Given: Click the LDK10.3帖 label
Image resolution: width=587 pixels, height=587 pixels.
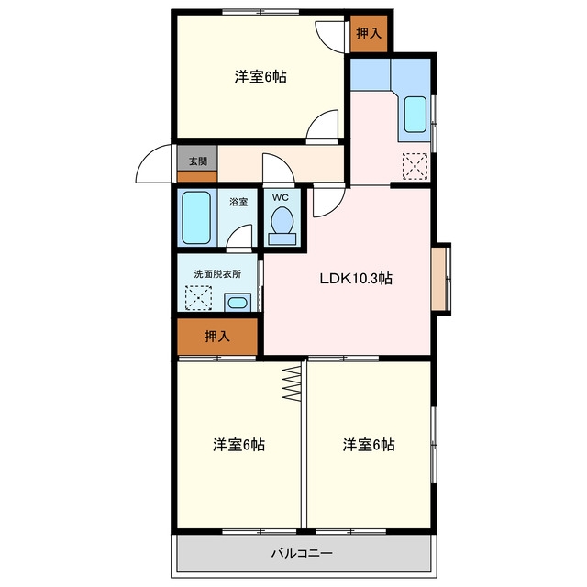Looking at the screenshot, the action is pos(356,279).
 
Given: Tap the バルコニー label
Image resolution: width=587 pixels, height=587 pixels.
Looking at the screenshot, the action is pos(302,553).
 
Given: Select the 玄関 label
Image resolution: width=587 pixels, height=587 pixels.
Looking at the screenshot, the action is pos(198,161).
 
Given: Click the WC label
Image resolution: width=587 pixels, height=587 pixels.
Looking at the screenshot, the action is pos(281,197).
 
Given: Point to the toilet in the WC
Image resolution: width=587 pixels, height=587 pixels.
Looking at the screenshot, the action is pos(282,226).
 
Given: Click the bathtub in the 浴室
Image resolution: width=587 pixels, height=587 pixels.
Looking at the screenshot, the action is pos(196,218).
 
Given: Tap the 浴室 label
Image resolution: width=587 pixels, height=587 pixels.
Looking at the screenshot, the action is pos(238,202).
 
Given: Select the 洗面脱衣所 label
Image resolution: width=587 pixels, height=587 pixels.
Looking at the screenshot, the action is pos(217,273).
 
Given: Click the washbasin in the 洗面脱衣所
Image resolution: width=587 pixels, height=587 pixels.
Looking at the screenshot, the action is pos(238,302).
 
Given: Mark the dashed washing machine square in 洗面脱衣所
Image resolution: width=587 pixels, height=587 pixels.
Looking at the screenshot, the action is pos(198,298).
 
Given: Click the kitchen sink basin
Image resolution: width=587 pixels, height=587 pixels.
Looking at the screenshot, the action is pos(415,114).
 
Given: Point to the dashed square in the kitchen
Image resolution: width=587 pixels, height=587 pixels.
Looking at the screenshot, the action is pos(415,166).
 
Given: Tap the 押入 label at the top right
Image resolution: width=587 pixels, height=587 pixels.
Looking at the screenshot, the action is pos(369,34).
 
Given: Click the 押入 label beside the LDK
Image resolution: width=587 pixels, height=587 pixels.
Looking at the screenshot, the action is pos(217,337).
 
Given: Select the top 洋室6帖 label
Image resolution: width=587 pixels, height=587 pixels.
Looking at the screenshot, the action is pos(260,77).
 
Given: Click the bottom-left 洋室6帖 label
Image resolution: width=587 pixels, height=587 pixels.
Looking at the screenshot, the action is pos(238,445).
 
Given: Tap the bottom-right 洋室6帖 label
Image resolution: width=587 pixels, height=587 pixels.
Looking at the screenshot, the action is pos(369,445).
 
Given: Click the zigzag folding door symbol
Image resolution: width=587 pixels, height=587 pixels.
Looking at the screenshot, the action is pos(292,383).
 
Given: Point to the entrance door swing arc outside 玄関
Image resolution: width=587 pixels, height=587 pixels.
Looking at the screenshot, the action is pos(147,157).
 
